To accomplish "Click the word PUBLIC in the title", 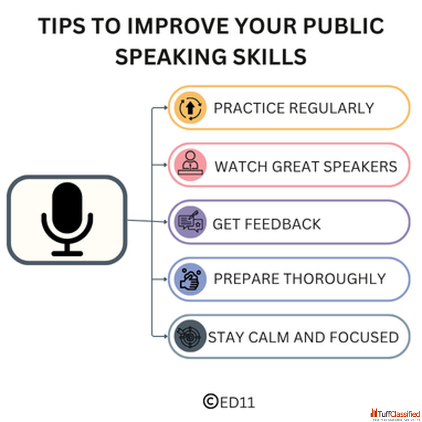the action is pyautogui.click(x=344, y=26).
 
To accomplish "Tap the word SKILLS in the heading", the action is pyautogui.click(x=269, y=57).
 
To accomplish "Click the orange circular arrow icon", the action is pyautogui.click(x=190, y=108).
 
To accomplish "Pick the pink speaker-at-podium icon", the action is pyautogui.click(x=190, y=165).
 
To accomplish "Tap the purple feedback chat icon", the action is pyautogui.click(x=190, y=222).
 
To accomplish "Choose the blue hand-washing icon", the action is pyautogui.click(x=190, y=279).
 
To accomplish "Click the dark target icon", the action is pyautogui.click(x=190, y=336).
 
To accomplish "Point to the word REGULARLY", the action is pyautogui.click(x=331, y=108).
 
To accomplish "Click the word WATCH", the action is pyautogui.click(x=241, y=167).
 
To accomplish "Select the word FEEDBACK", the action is pyautogui.click(x=283, y=224).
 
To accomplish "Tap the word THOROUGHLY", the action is pyautogui.click(x=335, y=279).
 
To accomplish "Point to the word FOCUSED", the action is pyautogui.click(x=364, y=338).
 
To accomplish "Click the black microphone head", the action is pyautogui.click(x=67, y=208).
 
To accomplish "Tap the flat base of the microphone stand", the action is pyautogui.click(x=67, y=254).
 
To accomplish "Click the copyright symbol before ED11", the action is pyautogui.click(x=211, y=401).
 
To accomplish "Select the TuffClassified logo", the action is pyautogui.click(x=395, y=414).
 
